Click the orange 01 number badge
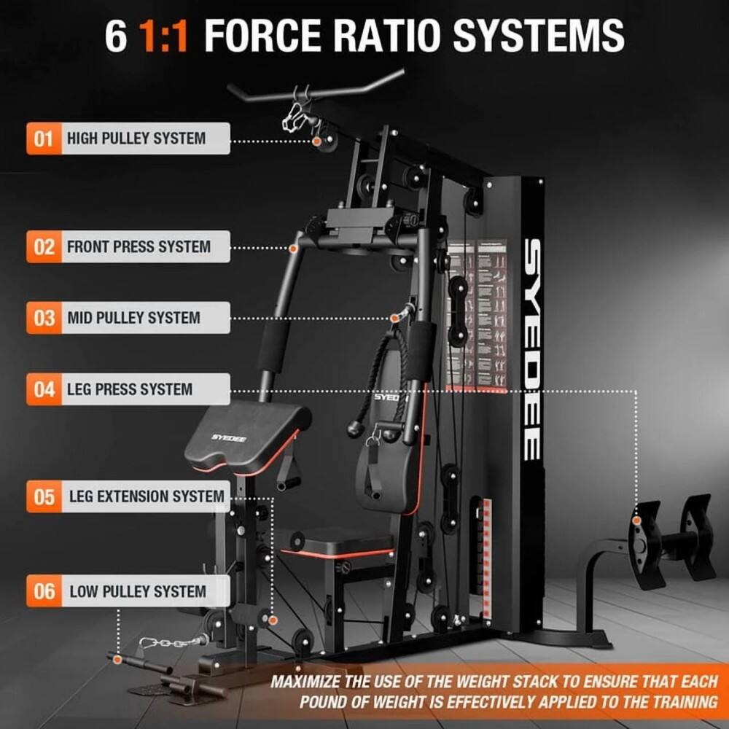click(44, 139)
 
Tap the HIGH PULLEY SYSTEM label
click(136, 139)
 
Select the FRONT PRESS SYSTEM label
click(139, 247)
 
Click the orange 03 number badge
click(44, 318)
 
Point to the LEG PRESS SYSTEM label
click(130, 389)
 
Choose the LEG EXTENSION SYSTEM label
click(147, 496)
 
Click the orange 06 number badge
click(44, 591)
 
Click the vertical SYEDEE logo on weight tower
click(533, 349)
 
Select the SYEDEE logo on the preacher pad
click(229, 437)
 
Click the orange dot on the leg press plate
click(636, 521)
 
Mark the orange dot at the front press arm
click(293, 249)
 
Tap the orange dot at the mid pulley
click(394, 318)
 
